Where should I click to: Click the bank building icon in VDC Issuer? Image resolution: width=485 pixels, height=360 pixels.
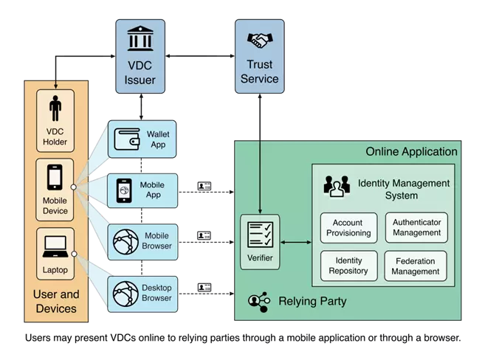click(x=140, y=38)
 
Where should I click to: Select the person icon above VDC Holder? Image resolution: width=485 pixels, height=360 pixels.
click(x=55, y=108)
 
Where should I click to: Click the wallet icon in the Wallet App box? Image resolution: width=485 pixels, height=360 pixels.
click(x=127, y=139)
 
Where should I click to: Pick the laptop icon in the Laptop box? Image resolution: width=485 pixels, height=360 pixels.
click(x=55, y=246)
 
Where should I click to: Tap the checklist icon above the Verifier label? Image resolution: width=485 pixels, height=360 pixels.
click(x=260, y=235)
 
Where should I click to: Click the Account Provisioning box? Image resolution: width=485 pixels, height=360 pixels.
click(x=348, y=228)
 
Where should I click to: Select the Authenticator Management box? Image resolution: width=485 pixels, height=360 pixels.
click(x=416, y=227)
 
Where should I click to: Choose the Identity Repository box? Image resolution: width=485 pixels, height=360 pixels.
click(x=348, y=266)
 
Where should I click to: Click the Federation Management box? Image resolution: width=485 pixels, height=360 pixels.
click(x=416, y=266)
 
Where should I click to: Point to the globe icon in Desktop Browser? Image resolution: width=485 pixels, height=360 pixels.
click(x=125, y=294)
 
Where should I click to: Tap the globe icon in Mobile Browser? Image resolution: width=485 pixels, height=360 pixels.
click(x=125, y=242)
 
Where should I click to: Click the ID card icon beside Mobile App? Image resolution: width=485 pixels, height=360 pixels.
click(x=204, y=186)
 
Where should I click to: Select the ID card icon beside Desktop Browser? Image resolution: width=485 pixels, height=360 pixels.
click(x=204, y=288)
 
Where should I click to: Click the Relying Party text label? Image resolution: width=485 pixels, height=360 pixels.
click(x=312, y=301)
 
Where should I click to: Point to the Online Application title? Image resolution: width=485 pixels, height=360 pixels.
click(x=411, y=152)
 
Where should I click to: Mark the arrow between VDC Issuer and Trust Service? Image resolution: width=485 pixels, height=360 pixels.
click(x=200, y=56)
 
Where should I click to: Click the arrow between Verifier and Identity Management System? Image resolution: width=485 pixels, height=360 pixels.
click(x=296, y=242)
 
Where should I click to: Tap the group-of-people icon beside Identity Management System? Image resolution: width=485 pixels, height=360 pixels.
click(x=337, y=186)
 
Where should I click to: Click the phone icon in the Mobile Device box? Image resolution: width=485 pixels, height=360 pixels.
click(x=55, y=177)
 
